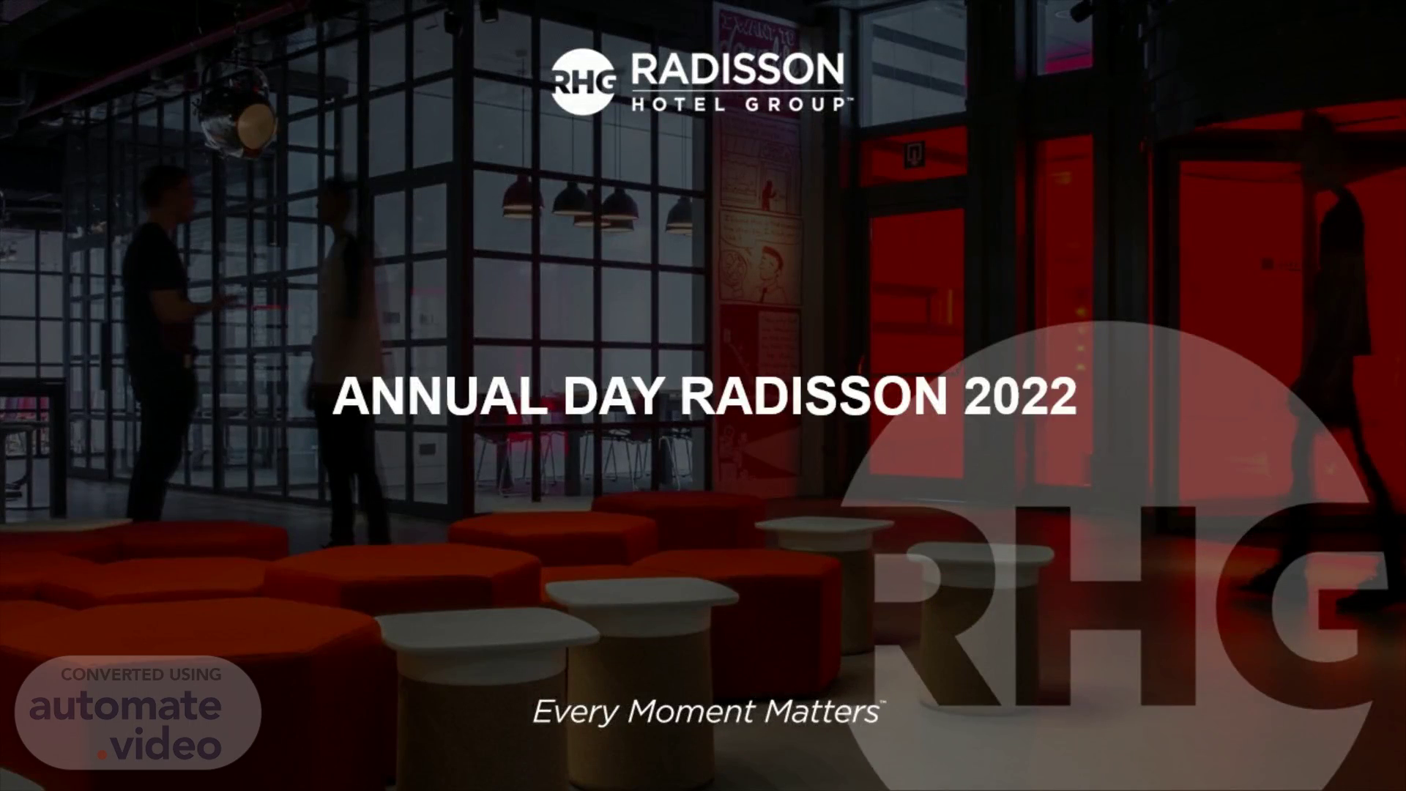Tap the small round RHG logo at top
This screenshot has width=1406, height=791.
583,81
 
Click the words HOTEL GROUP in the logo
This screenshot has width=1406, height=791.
737,104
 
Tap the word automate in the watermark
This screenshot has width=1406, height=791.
125,705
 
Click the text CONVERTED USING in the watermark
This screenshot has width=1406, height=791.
141,675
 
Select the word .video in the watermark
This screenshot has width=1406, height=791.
160,745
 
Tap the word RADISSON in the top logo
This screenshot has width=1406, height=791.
737,70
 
